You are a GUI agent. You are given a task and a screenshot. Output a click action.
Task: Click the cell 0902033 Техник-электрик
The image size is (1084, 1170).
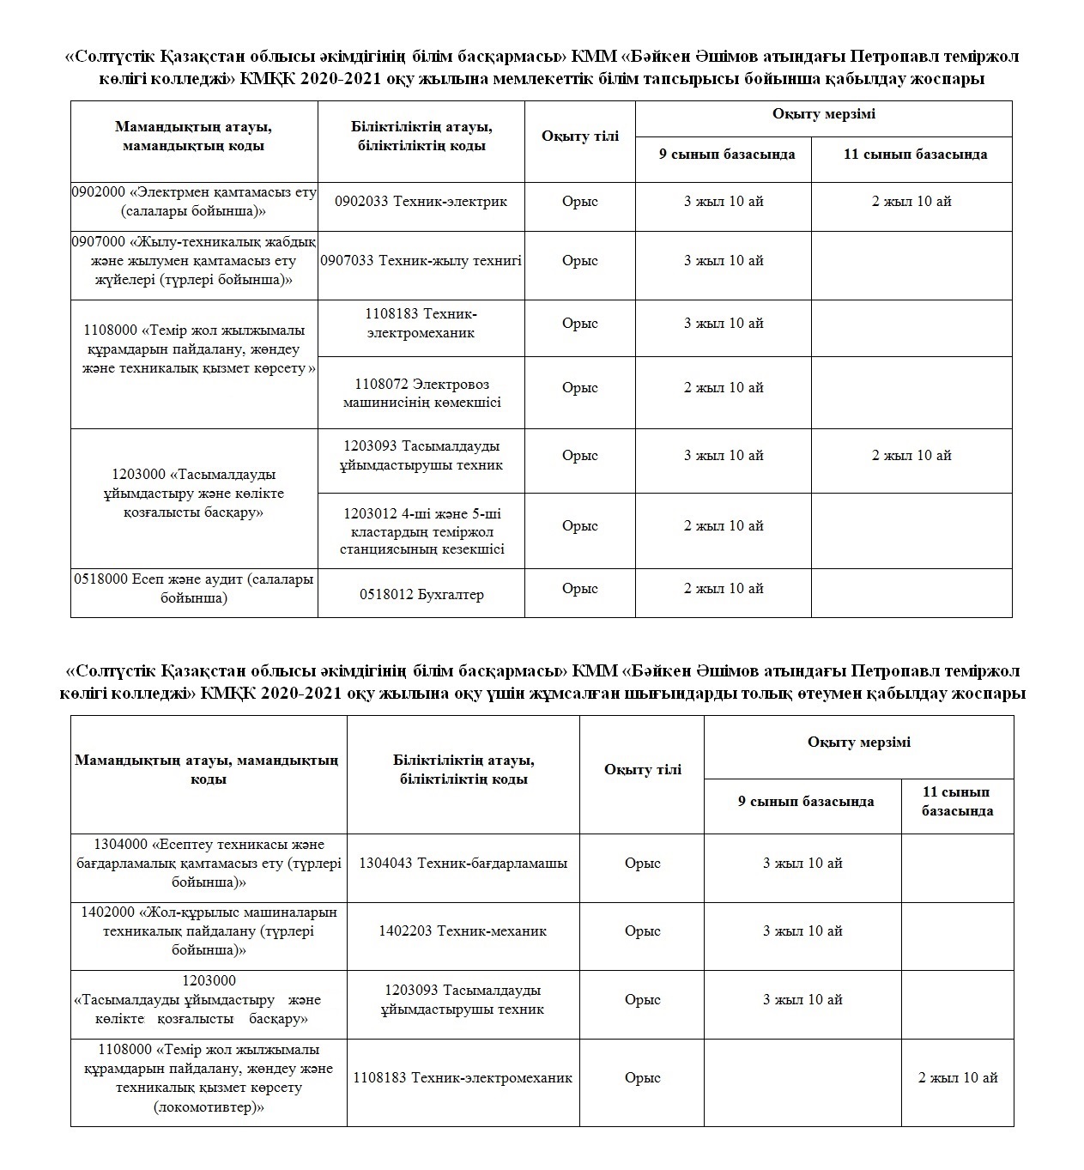coord(421,202)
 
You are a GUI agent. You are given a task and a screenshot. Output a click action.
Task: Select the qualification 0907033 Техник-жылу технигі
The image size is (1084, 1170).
coord(421,261)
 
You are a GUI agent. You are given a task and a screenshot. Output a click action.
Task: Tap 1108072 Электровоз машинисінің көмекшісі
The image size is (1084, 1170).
coord(421,393)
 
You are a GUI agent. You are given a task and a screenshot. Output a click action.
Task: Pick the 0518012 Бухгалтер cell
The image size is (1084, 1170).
coord(421,595)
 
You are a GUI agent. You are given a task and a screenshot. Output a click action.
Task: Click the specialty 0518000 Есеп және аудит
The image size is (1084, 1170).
coord(194,589)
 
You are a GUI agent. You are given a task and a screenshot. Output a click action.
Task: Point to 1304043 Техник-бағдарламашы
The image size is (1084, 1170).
coord(463,864)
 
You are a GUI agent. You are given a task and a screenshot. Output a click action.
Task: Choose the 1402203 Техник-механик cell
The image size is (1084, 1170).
coord(463,931)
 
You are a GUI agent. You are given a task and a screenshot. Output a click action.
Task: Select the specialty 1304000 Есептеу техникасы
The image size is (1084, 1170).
coord(209,864)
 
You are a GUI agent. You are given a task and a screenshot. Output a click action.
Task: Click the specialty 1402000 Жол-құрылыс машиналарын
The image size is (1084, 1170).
coord(209,931)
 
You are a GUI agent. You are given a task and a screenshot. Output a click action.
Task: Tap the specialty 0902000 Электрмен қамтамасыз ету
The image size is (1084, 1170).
coord(194,201)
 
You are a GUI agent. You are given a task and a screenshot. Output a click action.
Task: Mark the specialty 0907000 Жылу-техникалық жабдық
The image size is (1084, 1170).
coord(194,261)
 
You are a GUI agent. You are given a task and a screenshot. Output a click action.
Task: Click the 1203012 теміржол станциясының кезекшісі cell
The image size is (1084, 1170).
coord(421,531)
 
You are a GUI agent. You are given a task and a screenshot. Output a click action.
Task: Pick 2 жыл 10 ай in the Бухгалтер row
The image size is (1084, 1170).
coord(724,589)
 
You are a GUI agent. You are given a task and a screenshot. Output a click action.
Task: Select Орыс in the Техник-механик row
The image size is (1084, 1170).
coord(643,931)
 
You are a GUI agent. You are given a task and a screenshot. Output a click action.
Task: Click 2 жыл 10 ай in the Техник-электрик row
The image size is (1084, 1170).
coord(911,202)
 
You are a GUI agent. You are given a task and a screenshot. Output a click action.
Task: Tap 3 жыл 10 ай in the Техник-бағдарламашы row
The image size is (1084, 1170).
coord(802,864)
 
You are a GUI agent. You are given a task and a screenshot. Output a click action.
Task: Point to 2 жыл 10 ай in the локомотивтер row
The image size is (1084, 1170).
coord(958,1078)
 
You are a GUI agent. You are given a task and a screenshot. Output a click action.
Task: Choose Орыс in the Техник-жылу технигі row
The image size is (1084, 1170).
coord(580,261)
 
